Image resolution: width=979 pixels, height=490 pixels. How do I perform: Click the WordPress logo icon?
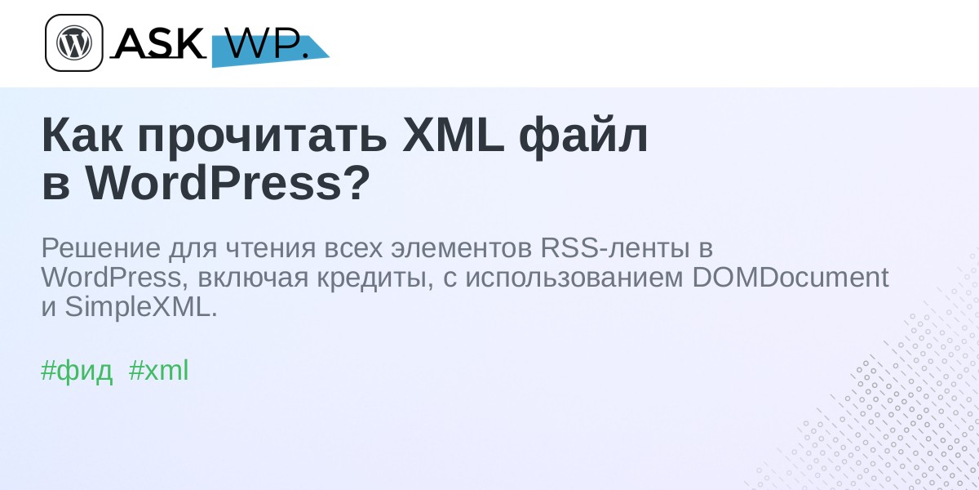point(74,42)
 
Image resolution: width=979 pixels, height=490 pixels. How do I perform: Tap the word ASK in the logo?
point(159,43)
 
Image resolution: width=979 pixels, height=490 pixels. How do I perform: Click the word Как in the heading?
point(82,136)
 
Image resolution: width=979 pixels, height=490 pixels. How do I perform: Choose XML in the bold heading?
point(454,136)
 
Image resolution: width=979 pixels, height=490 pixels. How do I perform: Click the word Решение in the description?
point(101,248)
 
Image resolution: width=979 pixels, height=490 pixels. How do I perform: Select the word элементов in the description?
point(461,248)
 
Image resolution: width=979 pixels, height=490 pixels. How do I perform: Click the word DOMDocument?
point(791,278)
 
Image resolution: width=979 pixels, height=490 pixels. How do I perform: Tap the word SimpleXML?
point(140,307)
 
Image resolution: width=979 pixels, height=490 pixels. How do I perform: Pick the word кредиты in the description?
point(375,279)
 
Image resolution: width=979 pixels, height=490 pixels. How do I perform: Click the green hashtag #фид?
point(77,371)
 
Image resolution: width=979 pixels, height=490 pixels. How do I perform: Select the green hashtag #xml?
point(158,370)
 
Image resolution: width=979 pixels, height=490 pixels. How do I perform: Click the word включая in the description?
point(253,278)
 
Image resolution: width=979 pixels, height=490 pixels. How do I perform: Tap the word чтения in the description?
point(271,249)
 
